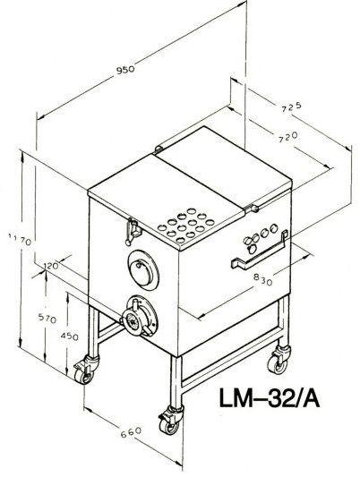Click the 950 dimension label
tap(125, 70)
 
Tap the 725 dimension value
tap(291, 106)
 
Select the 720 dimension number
tap(287, 137)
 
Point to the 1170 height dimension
tap(20, 239)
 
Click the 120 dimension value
tap(51, 266)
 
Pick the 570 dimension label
tap(47, 319)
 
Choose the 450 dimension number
tap(69, 336)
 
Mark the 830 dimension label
tap(262, 279)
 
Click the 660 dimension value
tap(131, 432)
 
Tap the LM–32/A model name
tap(270, 398)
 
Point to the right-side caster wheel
tap(279, 360)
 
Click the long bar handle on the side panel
tap(260, 251)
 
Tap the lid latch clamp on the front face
tap(133, 231)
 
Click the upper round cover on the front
tap(143, 270)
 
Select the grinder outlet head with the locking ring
tap(140, 317)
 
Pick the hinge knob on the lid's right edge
tap(252, 209)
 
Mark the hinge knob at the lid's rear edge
tap(159, 149)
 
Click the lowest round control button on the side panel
tap(252, 250)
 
